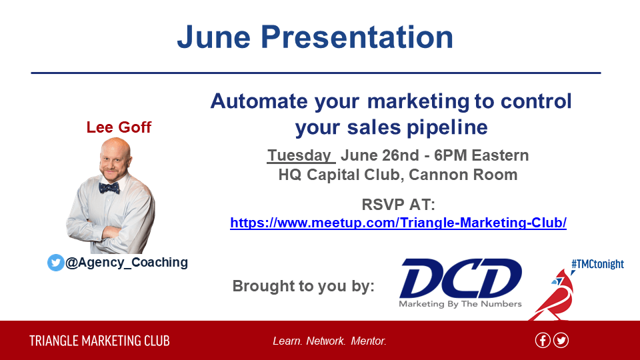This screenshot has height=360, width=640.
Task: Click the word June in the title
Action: pyautogui.click(x=213, y=37)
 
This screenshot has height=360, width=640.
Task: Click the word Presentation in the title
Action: pyautogui.click(x=357, y=37)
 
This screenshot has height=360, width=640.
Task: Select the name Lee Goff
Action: pyautogui.click(x=119, y=127)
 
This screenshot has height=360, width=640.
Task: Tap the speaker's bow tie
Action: pyautogui.click(x=109, y=188)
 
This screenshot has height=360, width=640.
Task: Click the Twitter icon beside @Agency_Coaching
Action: pyautogui.click(x=56, y=263)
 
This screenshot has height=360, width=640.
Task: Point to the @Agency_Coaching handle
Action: pyautogui.click(x=127, y=262)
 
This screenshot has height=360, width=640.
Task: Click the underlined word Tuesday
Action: pyautogui.click(x=299, y=155)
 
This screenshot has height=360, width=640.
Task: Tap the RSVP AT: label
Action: pyautogui.click(x=399, y=205)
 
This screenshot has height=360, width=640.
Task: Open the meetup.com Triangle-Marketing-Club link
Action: pyautogui.click(x=399, y=223)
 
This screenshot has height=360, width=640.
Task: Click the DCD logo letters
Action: pyautogui.click(x=461, y=278)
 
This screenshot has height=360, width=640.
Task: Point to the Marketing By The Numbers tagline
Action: pyautogui.click(x=461, y=304)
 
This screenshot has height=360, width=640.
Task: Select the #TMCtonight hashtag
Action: pyautogui.click(x=597, y=264)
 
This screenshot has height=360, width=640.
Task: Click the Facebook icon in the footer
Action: pyautogui.click(x=543, y=341)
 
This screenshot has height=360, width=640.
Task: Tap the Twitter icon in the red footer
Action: pyautogui.click(x=561, y=341)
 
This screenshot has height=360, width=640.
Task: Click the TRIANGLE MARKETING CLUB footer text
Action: pyautogui.click(x=99, y=341)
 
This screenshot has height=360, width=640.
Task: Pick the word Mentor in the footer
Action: pyautogui.click(x=369, y=341)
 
